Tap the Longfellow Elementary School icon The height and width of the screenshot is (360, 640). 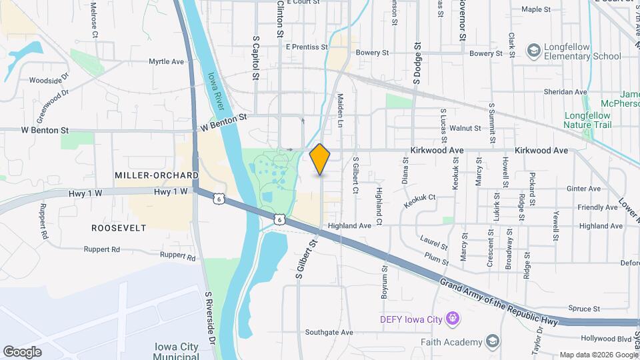(x=533, y=51)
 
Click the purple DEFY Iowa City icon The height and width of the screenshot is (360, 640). (x=453, y=319)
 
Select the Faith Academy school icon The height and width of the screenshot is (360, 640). (x=492, y=342)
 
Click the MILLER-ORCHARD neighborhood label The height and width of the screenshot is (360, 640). (x=156, y=175)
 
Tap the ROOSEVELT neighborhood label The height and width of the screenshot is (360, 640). (x=119, y=228)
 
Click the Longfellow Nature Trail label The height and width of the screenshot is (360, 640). (x=591, y=119)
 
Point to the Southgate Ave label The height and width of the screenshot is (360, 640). (x=329, y=332)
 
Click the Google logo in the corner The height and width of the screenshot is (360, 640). (x=22, y=351)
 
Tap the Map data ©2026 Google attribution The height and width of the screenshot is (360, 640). (x=598, y=355)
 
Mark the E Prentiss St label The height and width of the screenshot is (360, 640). (x=307, y=47)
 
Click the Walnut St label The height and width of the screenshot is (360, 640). (x=465, y=128)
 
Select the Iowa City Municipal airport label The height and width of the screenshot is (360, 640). (x=176, y=351)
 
